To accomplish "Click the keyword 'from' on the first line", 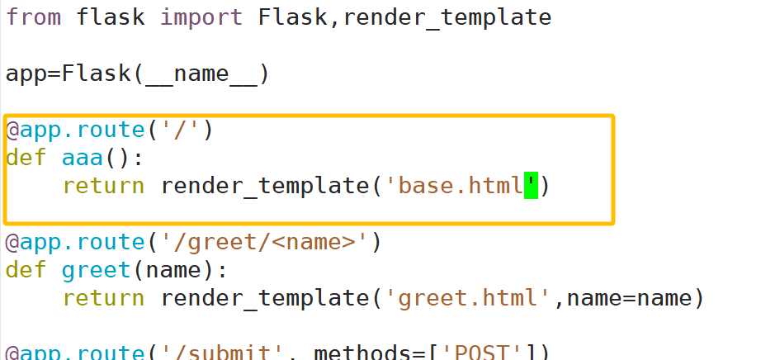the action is click(x=33, y=17).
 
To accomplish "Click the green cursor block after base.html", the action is click(x=531, y=186).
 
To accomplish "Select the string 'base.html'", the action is click(x=461, y=186).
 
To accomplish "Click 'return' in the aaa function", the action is click(x=102, y=186).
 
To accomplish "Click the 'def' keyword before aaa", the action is click(x=25, y=158).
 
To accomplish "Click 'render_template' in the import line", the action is click(x=446, y=17).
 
